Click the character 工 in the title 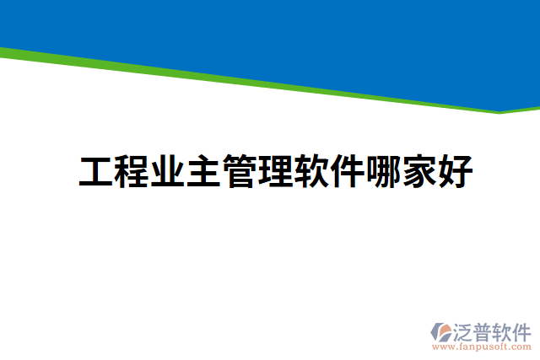(96, 172)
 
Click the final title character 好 (455, 172)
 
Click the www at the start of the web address (440, 347)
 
